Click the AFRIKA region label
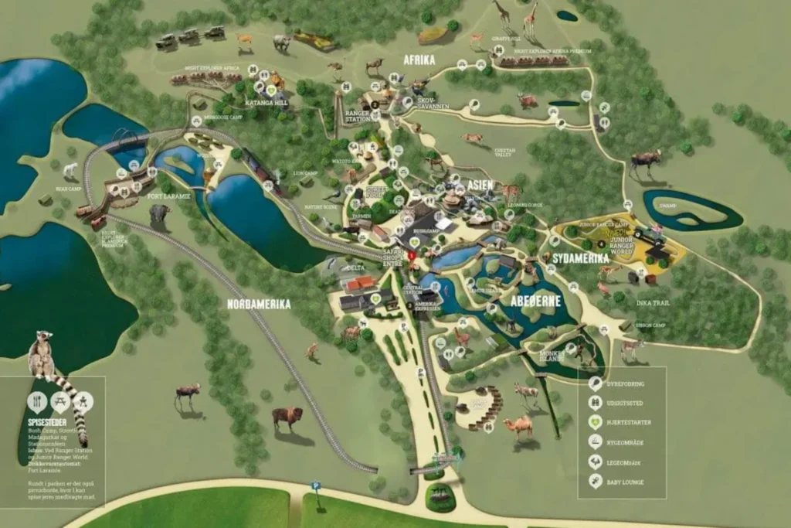click(x=419, y=60)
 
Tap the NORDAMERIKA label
click(x=259, y=304)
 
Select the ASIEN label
click(x=480, y=185)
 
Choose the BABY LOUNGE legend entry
click(x=626, y=482)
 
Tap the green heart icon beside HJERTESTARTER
click(x=596, y=422)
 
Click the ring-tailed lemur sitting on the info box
click(x=42, y=356)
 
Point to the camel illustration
click(x=518, y=427)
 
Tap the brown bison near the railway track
click(x=287, y=418)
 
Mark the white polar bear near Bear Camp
click(x=72, y=170)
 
